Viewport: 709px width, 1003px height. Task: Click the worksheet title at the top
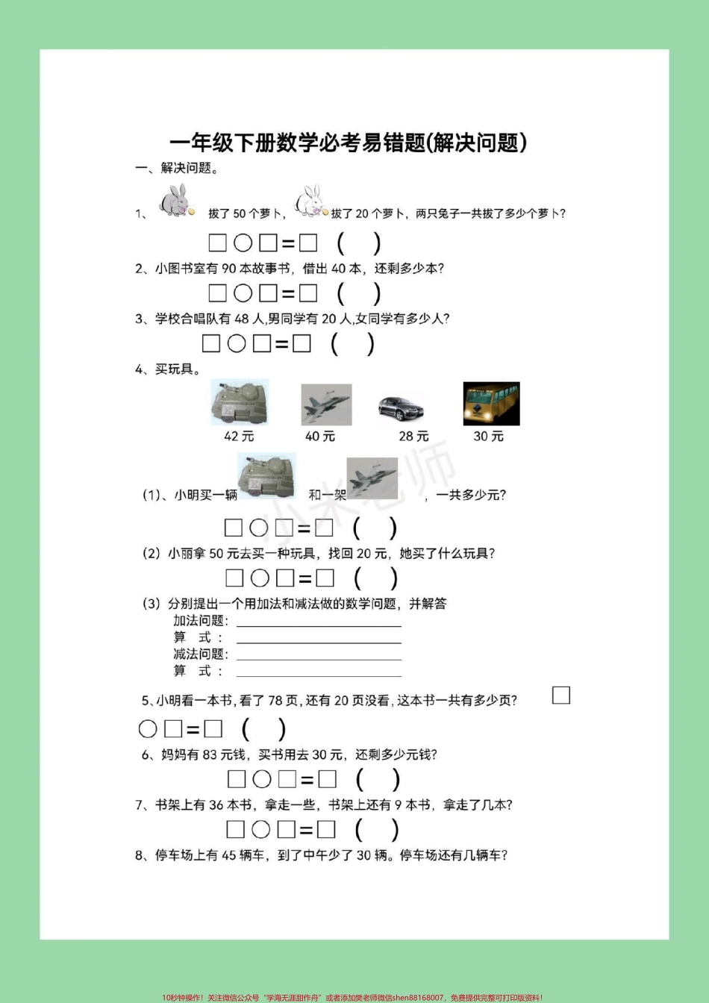(x=349, y=142)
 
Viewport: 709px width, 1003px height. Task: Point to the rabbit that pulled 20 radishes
(x=310, y=201)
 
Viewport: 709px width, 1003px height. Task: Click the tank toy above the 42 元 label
(x=239, y=403)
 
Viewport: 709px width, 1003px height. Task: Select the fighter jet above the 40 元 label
(x=326, y=405)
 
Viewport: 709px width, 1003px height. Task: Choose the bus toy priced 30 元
(x=491, y=404)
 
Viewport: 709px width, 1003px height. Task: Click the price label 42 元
(x=239, y=436)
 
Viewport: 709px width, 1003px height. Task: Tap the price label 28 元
(x=413, y=436)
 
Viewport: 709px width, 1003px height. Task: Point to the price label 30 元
(x=489, y=436)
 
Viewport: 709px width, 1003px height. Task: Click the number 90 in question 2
(x=229, y=269)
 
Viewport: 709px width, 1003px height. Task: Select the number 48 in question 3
(x=241, y=319)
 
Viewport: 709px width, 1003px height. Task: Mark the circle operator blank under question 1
(x=243, y=243)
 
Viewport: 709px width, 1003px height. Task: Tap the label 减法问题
(x=200, y=654)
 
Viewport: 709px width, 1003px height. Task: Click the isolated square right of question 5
(x=561, y=696)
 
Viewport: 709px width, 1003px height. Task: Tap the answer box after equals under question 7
(x=326, y=829)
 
